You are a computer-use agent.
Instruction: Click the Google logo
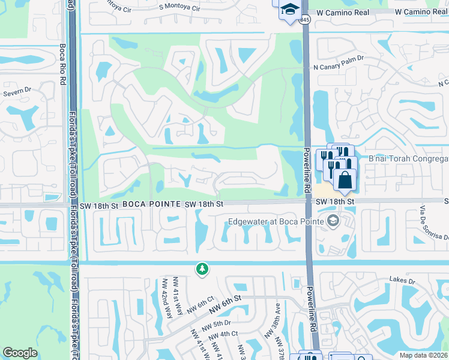[20, 353]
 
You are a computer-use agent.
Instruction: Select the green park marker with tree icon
[202, 269]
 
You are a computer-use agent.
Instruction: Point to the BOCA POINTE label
[151, 205]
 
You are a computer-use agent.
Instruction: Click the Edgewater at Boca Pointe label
[277, 222]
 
